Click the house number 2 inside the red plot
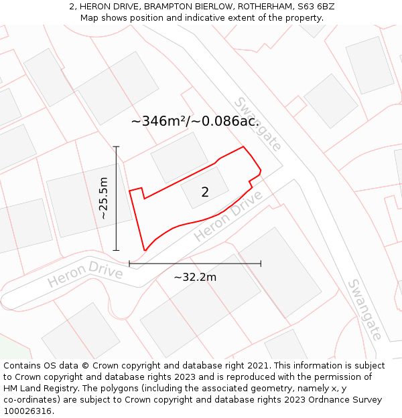pyautogui.click(x=205, y=192)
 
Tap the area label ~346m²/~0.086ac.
pyautogui.click(x=195, y=121)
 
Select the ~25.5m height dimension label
pyautogui.click(x=103, y=198)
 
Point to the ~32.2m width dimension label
pyautogui.click(x=195, y=277)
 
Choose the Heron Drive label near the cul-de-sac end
pyautogui.click(x=85, y=274)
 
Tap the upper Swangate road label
pyautogui.click(x=257, y=124)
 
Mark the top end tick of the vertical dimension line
pyautogui.click(x=116, y=146)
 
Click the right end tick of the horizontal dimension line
pyautogui.click(x=261, y=264)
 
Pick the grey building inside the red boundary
pyautogui.click(x=204, y=187)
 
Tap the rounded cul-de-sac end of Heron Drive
pyautogui.click(x=13, y=298)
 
